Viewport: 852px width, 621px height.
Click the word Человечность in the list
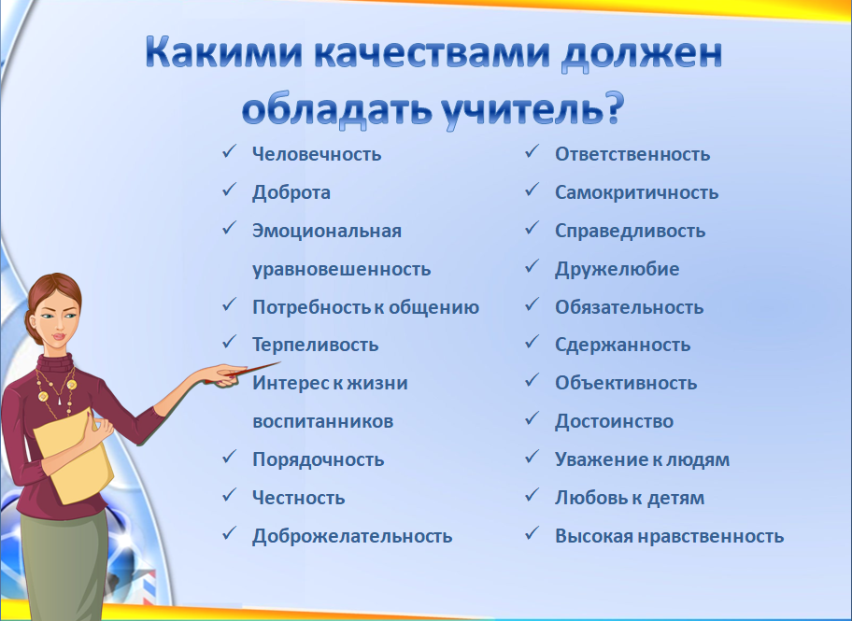317,154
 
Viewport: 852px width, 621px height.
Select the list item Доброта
291,192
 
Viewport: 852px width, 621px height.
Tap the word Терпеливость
315,345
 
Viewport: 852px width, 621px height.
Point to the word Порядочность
318,459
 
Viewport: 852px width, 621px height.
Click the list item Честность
298,498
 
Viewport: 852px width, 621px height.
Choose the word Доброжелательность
352,536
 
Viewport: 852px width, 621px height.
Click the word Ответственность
632,154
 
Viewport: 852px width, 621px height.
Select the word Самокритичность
636,192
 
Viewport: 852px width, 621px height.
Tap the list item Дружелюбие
617,269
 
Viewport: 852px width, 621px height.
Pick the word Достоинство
614,421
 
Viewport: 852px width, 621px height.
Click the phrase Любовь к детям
630,498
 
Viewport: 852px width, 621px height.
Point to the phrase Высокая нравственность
670,536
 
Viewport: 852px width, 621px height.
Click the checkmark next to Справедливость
532,228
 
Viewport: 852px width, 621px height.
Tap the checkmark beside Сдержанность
532,343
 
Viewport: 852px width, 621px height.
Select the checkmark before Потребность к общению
229,304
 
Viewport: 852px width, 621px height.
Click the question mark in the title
614,107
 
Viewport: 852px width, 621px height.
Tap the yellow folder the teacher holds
74,457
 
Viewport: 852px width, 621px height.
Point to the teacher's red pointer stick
242,373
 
